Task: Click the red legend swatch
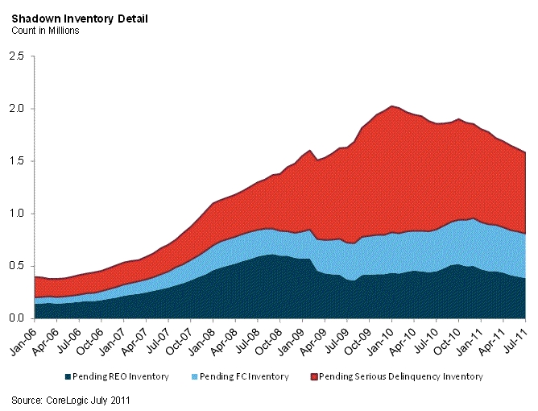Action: coord(315,376)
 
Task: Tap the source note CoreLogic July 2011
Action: coord(70,399)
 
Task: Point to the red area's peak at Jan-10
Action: coord(391,106)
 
